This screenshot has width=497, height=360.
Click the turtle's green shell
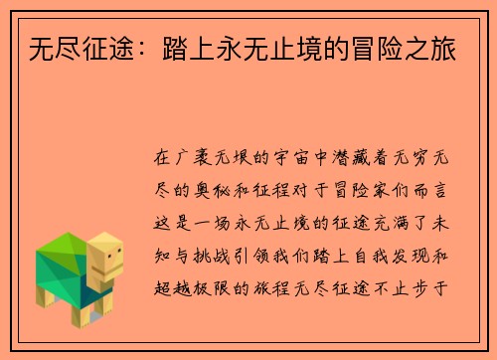click(x=65, y=259)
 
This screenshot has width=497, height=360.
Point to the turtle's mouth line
click(x=111, y=267)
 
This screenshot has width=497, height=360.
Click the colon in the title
click(x=131, y=48)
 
